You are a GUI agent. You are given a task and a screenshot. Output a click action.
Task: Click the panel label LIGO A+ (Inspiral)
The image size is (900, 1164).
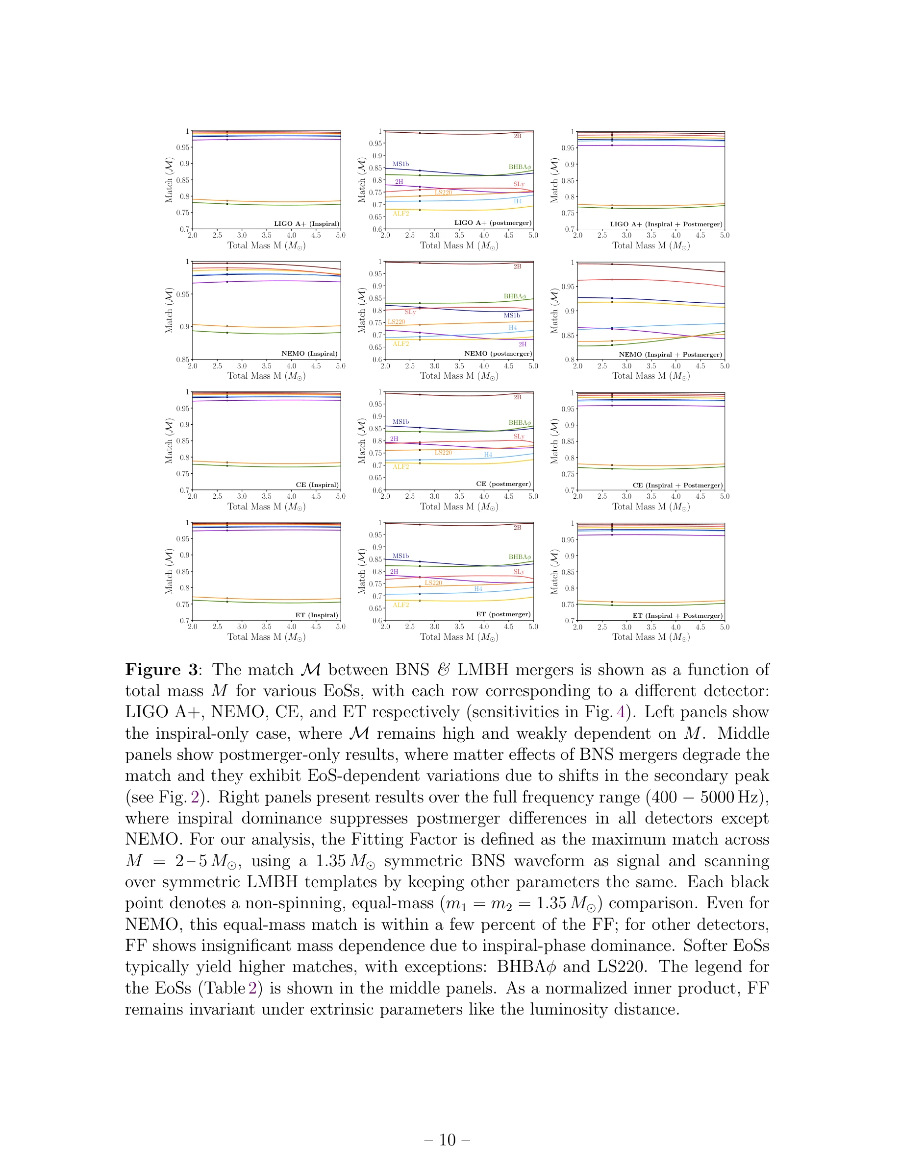point(306,224)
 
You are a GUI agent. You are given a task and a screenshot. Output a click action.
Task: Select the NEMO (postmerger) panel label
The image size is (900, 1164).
point(498,353)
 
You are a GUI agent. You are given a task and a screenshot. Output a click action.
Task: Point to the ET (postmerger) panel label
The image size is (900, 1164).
point(503,614)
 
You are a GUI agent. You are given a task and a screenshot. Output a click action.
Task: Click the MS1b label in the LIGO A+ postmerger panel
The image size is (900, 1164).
point(400,164)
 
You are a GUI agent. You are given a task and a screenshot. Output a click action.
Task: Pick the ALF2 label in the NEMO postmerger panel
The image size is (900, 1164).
point(401,344)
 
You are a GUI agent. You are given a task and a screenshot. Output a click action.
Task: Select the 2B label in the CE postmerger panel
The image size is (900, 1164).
point(517,397)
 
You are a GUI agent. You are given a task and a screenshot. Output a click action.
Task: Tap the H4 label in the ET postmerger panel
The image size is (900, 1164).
point(478,589)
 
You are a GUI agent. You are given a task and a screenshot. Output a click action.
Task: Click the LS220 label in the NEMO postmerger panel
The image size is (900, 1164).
point(396,322)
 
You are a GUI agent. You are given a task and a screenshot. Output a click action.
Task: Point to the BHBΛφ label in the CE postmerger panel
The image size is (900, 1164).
point(519,423)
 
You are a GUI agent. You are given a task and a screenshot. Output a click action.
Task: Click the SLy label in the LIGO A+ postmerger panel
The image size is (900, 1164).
point(519,184)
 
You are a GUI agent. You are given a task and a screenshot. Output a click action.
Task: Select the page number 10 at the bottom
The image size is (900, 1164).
point(448,1140)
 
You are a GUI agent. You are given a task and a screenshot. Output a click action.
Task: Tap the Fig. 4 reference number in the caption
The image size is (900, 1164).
point(621,712)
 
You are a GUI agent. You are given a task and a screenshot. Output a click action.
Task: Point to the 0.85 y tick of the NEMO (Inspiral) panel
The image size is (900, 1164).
point(183,359)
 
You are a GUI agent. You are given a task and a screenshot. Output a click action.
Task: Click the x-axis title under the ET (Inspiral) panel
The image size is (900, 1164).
point(266,637)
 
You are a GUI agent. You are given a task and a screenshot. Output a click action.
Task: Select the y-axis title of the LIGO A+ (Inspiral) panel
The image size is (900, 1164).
point(169,180)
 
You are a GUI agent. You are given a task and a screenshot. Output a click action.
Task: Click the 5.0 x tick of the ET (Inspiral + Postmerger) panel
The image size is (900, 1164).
point(724,627)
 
